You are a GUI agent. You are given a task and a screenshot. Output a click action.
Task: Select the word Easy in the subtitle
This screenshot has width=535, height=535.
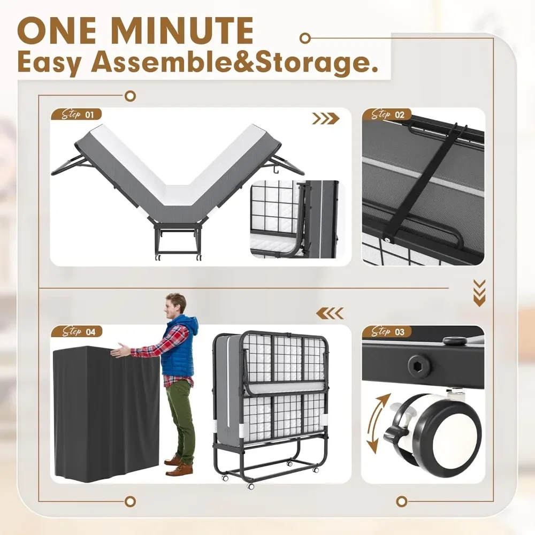point(50,64)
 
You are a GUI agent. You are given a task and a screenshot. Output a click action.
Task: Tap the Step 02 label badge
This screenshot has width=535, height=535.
point(386,114)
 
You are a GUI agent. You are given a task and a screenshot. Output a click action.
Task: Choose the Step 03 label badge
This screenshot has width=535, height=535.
point(386,332)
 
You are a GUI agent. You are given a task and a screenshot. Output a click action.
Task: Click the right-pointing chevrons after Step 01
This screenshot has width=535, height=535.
point(326,119)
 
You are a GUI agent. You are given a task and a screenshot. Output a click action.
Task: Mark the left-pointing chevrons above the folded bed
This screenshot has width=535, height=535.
point(330,314)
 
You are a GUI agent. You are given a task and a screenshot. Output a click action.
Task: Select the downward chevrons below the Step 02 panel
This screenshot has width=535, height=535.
point(479,292)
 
